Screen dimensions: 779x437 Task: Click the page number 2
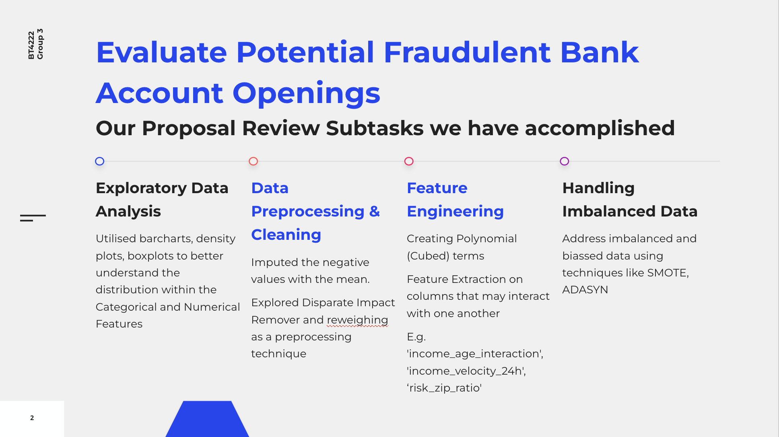coord(32,418)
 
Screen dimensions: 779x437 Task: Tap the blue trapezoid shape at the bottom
coord(207,419)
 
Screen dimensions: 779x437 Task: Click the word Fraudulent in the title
coord(467,53)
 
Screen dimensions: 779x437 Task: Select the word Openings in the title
coord(306,93)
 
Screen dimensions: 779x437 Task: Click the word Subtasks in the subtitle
coord(375,128)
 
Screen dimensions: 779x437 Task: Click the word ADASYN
coord(585,290)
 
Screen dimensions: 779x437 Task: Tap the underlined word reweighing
coord(357,320)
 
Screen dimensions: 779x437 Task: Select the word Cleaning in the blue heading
coord(286,235)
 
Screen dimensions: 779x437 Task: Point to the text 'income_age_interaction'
coord(475,354)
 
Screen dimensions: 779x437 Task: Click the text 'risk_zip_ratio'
coord(444,388)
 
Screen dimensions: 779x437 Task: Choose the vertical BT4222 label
coord(31,45)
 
